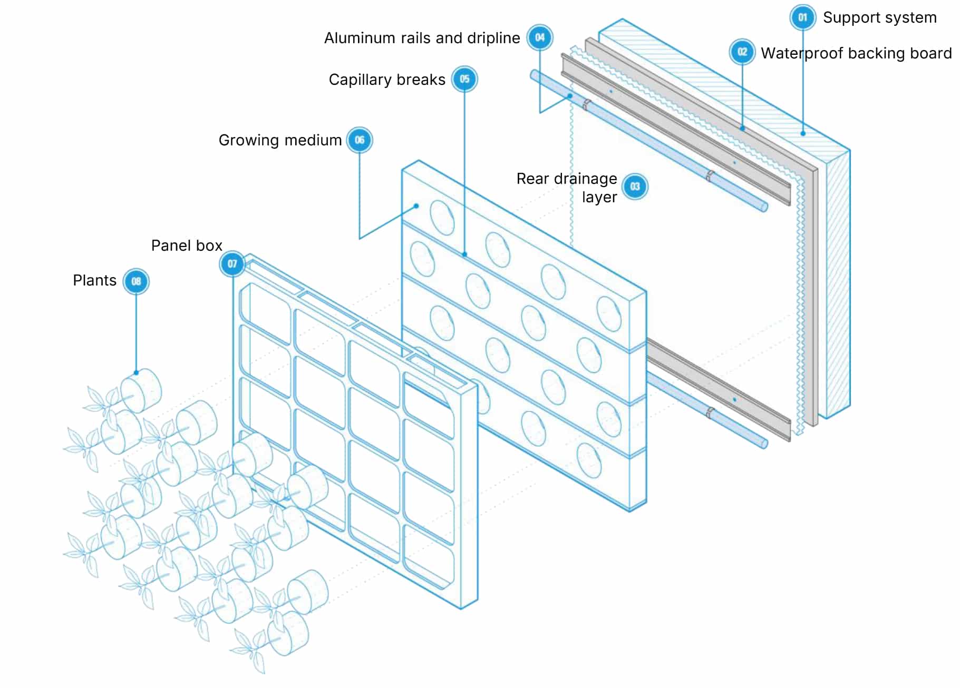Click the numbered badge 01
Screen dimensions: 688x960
(x=802, y=17)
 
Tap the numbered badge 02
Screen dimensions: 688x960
(x=742, y=52)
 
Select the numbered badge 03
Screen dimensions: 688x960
(x=635, y=186)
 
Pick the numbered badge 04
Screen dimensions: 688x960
(x=540, y=37)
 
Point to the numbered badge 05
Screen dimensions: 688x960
(x=464, y=79)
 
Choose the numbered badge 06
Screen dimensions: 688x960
(x=360, y=140)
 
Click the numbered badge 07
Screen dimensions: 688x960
(x=232, y=263)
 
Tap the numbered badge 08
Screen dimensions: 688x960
(x=136, y=281)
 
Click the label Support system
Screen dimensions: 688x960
(x=879, y=17)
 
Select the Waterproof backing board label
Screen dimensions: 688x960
(x=856, y=53)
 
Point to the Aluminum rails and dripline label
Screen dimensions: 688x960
(x=422, y=38)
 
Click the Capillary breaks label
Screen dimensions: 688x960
(x=387, y=80)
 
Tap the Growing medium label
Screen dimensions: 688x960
(x=280, y=140)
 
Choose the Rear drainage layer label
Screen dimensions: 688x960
(x=567, y=188)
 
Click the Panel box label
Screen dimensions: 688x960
(x=187, y=245)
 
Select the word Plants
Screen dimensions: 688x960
(x=94, y=280)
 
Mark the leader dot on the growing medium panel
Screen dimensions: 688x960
(x=416, y=206)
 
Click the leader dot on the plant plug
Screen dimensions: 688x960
(x=136, y=372)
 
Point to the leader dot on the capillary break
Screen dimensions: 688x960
(x=464, y=254)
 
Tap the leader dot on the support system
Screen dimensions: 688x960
(x=803, y=133)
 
